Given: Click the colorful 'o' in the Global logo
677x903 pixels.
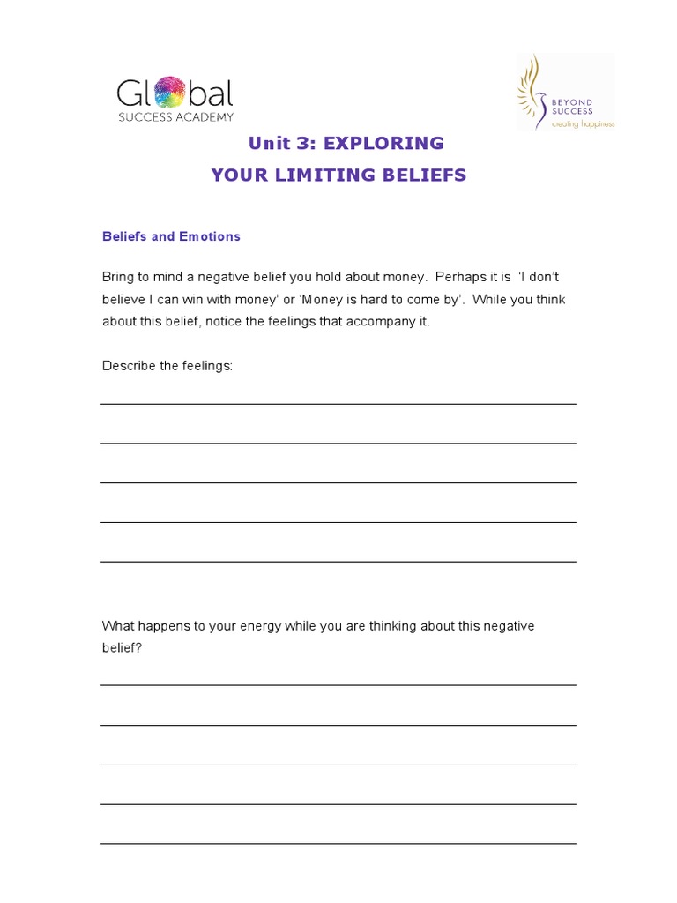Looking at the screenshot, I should (170, 93).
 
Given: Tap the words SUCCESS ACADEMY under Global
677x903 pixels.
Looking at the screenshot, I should (176, 117).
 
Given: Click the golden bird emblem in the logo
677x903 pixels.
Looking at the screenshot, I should (532, 91).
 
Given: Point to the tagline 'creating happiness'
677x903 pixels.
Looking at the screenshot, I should (583, 124).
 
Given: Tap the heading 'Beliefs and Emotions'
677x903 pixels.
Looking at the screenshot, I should (171, 236).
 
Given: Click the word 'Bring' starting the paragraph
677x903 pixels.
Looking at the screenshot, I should (118, 277).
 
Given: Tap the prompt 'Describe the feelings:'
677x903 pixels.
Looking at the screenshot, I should (167, 365).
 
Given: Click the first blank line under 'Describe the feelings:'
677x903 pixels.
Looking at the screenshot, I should (338, 404).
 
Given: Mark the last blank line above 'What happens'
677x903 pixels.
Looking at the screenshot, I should (338, 562).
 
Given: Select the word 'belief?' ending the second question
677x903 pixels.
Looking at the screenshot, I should (122, 648).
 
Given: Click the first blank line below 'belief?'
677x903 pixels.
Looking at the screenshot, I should (338, 685).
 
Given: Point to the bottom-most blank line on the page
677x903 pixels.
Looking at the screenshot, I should (338, 844).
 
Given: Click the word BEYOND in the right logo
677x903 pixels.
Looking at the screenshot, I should (572, 102).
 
